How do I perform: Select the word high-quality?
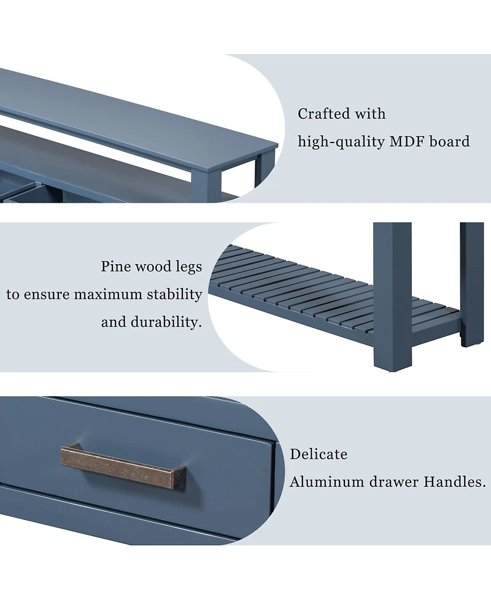(341, 142)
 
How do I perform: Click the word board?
(449, 142)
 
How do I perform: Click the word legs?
(188, 267)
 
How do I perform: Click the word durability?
(166, 322)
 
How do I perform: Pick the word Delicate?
(319, 454)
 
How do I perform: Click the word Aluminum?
(327, 481)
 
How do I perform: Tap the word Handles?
(455, 481)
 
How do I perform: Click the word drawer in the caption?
(393, 481)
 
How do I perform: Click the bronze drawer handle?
(123, 466)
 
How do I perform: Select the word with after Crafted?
(370, 114)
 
